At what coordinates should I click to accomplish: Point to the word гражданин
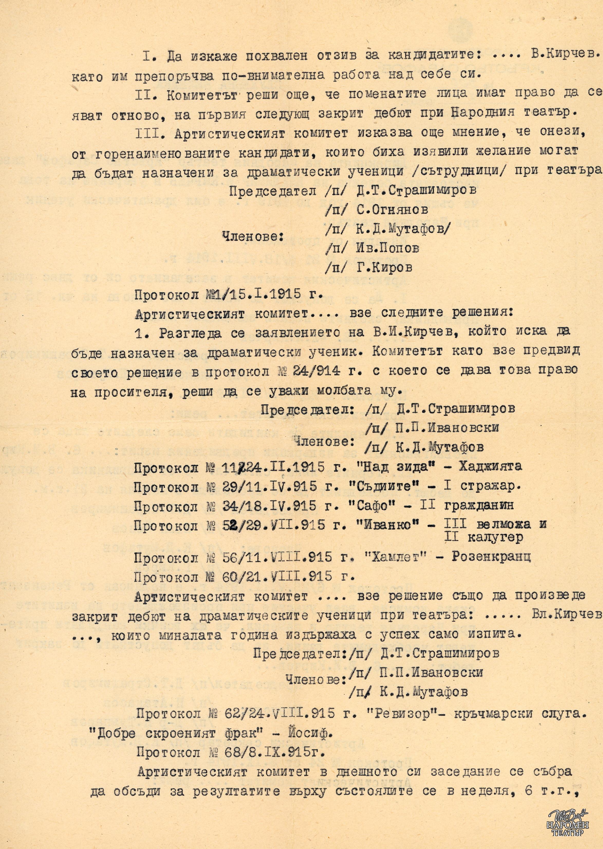coord(491,505)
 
